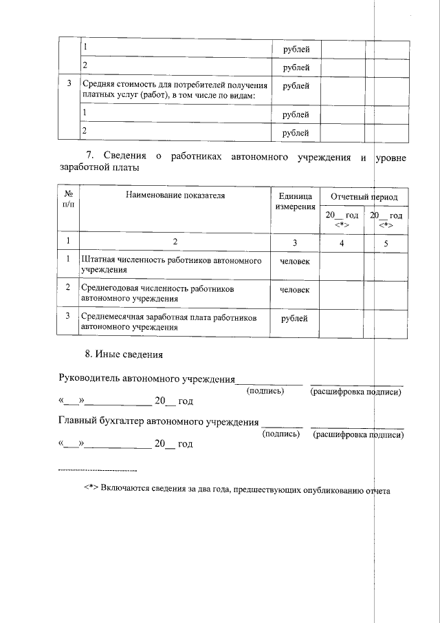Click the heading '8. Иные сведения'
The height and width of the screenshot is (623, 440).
[x=123, y=355]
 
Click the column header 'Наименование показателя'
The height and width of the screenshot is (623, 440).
[x=175, y=196]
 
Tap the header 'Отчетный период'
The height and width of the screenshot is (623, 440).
[x=364, y=197]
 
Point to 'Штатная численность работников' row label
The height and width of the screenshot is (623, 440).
[x=171, y=266]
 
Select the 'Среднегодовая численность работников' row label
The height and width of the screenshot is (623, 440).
[x=157, y=294]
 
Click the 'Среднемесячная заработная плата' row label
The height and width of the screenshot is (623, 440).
[x=168, y=323]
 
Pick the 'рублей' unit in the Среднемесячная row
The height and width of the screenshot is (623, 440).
[x=295, y=319]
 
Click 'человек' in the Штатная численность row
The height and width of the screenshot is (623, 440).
[x=295, y=262]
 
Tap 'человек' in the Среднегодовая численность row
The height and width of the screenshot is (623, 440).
[x=295, y=290]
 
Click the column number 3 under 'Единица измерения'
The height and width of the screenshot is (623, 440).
[x=295, y=242]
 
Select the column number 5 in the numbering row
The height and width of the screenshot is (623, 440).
[x=386, y=242]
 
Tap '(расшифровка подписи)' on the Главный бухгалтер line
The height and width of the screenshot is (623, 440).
[x=357, y=434]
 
